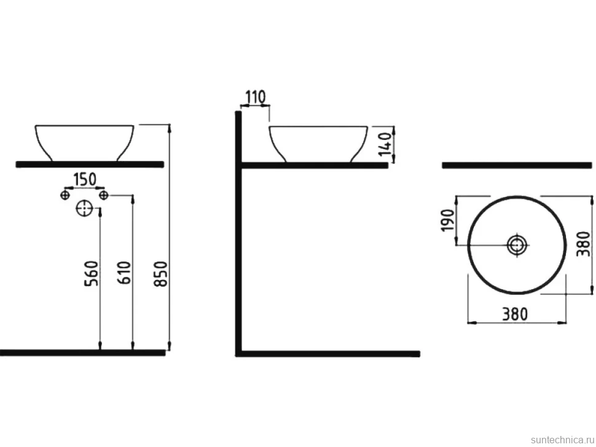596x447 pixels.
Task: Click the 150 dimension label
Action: pos(84,179)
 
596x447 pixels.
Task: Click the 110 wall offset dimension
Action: pos(255,98)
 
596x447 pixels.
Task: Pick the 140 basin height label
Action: pos(385,144)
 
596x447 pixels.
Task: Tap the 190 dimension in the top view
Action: pos(449,220)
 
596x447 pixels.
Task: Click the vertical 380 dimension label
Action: pos(584,244)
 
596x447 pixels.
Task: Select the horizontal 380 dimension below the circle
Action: pos(515,314)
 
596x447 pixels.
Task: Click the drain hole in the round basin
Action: pos(517,245)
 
